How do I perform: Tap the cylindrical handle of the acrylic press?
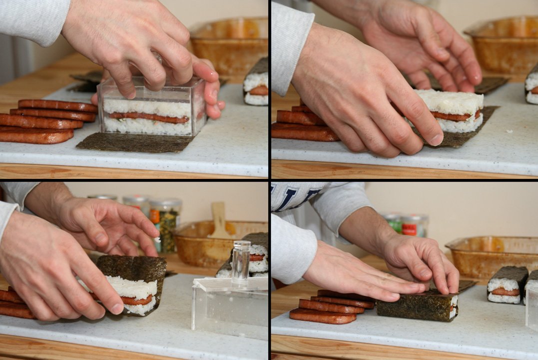(241, 260)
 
